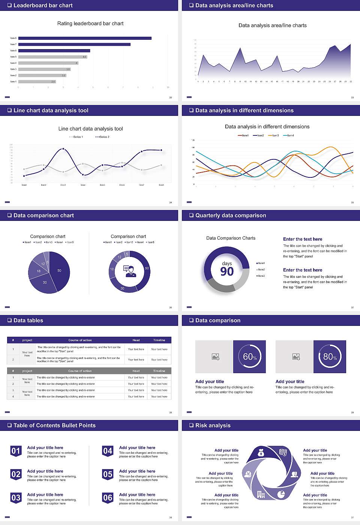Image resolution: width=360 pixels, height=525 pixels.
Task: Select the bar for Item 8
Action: (85, 38)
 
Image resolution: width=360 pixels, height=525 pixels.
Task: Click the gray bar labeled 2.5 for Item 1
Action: (37, 81)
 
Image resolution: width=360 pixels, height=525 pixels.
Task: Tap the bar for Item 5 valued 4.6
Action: (52, 57)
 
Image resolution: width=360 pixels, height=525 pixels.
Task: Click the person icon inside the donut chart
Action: (130, 271)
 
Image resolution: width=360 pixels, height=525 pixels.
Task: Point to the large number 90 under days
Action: (227, 271)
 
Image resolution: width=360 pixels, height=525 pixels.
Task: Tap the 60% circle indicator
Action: (250, 357)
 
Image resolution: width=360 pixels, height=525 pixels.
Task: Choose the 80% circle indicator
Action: (330, 357)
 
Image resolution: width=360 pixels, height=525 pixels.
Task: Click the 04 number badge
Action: (108, 451)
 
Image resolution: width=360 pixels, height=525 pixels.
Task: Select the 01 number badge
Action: (16, 451)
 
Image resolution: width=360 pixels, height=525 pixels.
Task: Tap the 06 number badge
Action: (108, 498)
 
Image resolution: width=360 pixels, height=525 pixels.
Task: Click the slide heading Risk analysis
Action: (213, 425)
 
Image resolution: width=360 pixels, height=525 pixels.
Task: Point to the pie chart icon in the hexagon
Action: (281, 495)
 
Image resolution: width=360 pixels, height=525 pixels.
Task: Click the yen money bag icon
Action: (261, 453)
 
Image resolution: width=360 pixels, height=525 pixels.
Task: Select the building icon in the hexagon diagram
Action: (261, 495)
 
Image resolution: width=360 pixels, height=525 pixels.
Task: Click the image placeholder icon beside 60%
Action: (215, 357)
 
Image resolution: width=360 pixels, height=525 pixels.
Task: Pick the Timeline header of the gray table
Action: (159, 371)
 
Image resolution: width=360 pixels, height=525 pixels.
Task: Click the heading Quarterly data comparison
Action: (230, 215)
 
